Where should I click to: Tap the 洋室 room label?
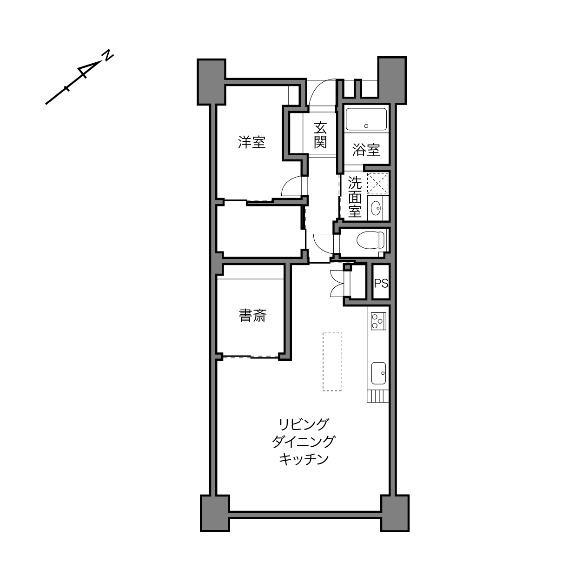point(251,143)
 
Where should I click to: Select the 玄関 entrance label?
point(320,135)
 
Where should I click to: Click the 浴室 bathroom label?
point(366,150)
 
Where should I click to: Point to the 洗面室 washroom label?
point(355,197)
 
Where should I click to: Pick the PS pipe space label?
point(381,283)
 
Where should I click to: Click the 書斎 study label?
point(252,316)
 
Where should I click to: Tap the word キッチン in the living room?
point(304,460)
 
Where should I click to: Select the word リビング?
point(304,424)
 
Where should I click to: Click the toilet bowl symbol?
point(370,240)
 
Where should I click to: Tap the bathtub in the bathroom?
point(366,119)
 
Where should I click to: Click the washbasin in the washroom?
point(376,207)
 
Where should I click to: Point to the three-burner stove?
point(379,321)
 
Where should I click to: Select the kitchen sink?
point(378,373)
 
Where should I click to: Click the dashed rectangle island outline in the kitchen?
point(332,362)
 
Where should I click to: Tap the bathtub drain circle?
point(366,126)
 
